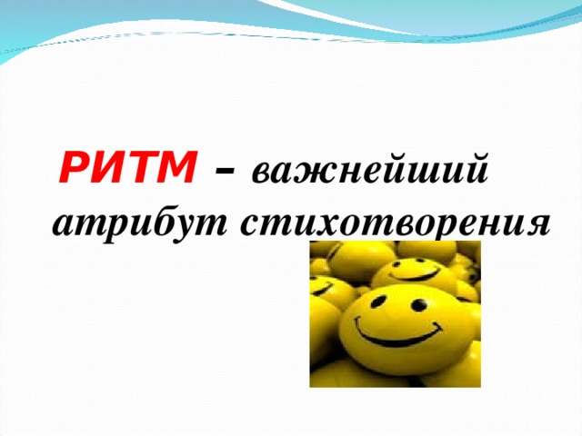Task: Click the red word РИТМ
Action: click(x=128, y=170)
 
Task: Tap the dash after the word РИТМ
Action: click(x=224, y=172)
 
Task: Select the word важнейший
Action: click(x=369, y=172)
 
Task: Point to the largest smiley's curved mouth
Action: click(x=400, y=334)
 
